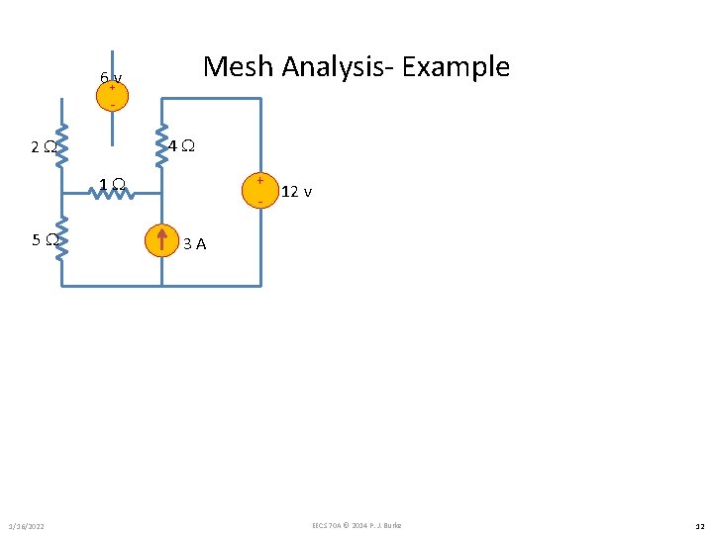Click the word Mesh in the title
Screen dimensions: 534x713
pyautogui.click(x=239, y=67)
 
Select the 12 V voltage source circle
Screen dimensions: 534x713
pyautogui.click(x=260, y=189)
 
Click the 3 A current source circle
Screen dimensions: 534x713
pyautogui.click(x=161, y=240)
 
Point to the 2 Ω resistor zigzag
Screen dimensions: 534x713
pyautogui.click(x=61, y=145)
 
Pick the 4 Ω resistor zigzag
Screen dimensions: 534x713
pyautogui.click(x=161, y=144)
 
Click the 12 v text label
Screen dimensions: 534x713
pyautogui.click(x=297, y=192)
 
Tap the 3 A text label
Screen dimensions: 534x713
pyautogui.click(x=195, y=243)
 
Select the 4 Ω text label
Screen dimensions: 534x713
pyautogui.click(x=180, y=146)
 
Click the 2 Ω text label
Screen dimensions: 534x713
pyautogui.click(x=42, y=148)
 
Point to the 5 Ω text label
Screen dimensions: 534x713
pyautogui.click(x=42, y=239)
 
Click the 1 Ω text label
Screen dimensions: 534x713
pyautogui.click(x=112, y=182)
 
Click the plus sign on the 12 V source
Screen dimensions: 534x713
pyautogui.click(x=260, y=181)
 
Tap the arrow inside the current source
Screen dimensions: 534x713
pyautogui.click(x=161, y=240)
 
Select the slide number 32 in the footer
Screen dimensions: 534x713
pyautogui.click(x=699, y=525)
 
